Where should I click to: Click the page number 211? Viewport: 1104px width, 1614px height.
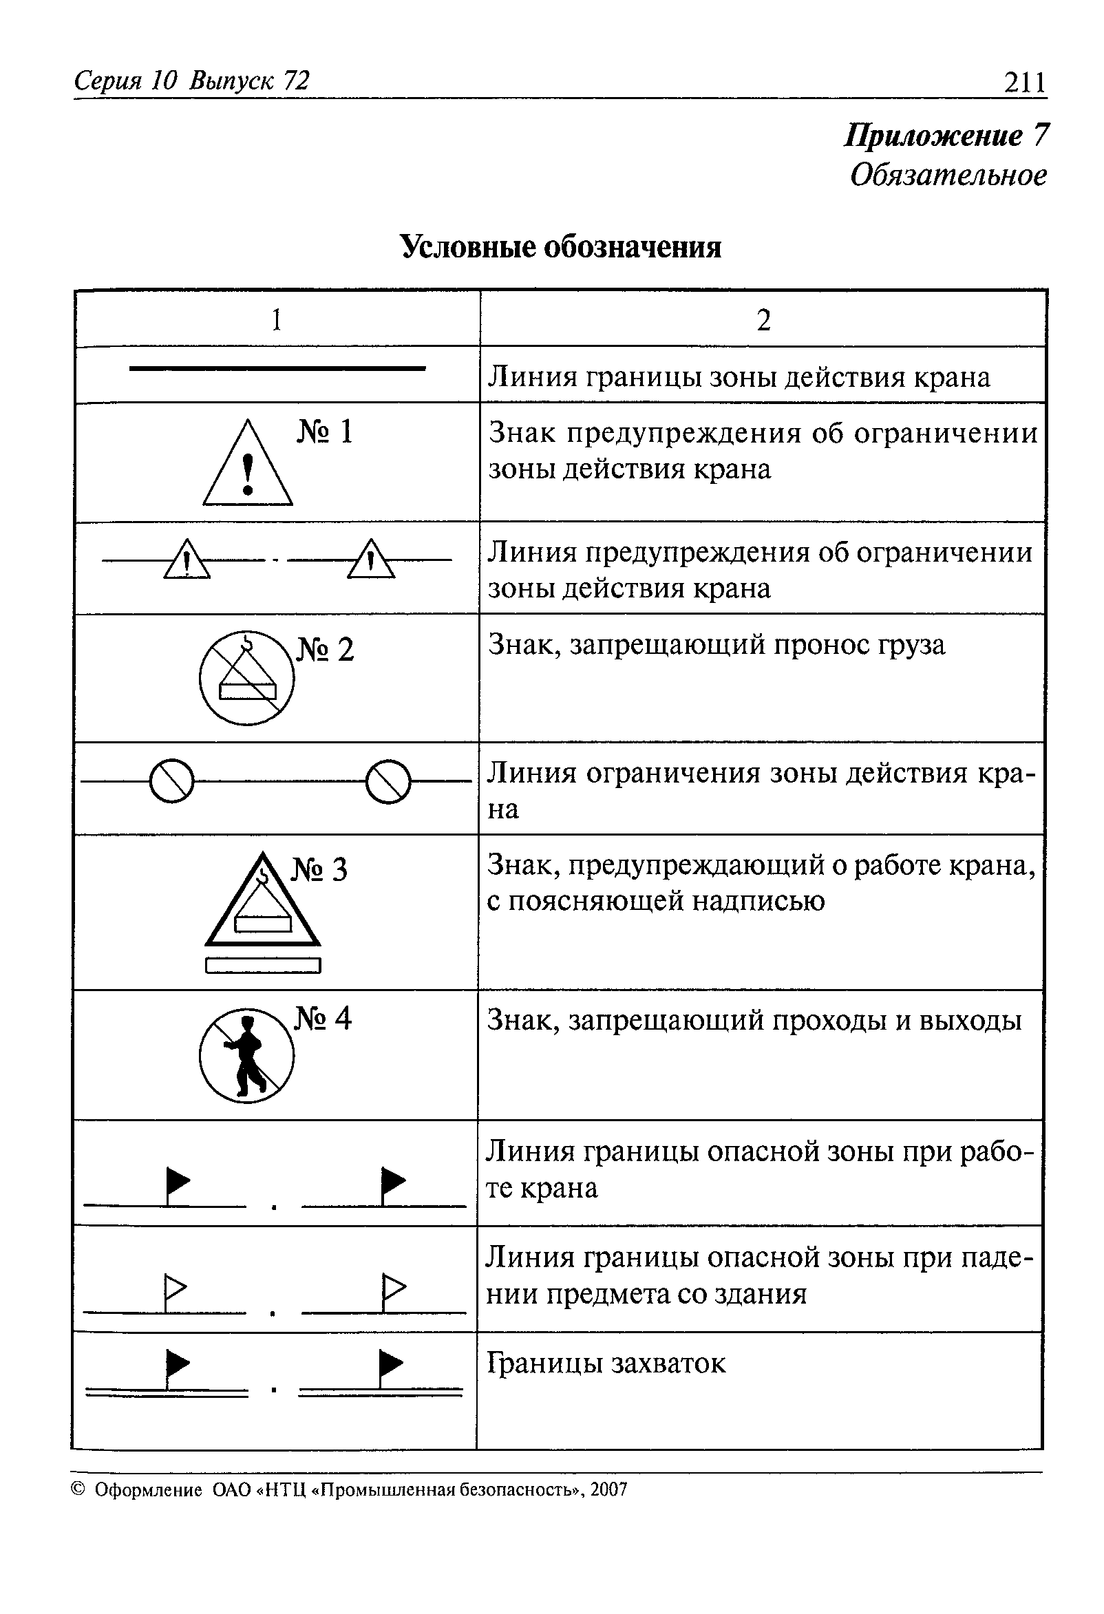[1024, 83]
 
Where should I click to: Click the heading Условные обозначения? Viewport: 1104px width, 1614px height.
[561, 246]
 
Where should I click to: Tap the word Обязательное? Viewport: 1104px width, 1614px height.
[948, 174]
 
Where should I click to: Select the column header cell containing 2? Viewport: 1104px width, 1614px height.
[763, 320]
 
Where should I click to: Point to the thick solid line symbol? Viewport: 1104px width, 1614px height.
[277, 368]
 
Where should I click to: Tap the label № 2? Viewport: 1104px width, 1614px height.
[325, 649]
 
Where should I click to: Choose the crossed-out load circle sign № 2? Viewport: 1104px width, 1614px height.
[246, 678]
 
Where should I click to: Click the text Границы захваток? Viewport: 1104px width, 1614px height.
[606, 1363]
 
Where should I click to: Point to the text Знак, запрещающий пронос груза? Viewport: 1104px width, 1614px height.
[716, 644]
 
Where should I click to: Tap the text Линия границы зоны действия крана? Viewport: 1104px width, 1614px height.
[739, 377]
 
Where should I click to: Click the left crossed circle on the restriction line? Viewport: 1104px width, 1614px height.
[171, 781]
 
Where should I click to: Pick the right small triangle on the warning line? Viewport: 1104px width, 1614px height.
[371, 560]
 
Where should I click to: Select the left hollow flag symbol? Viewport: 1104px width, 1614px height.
[174, 1288]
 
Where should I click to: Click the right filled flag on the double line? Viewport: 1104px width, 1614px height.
[390, 1365]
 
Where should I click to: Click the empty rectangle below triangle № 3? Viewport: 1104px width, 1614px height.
[263, 966]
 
